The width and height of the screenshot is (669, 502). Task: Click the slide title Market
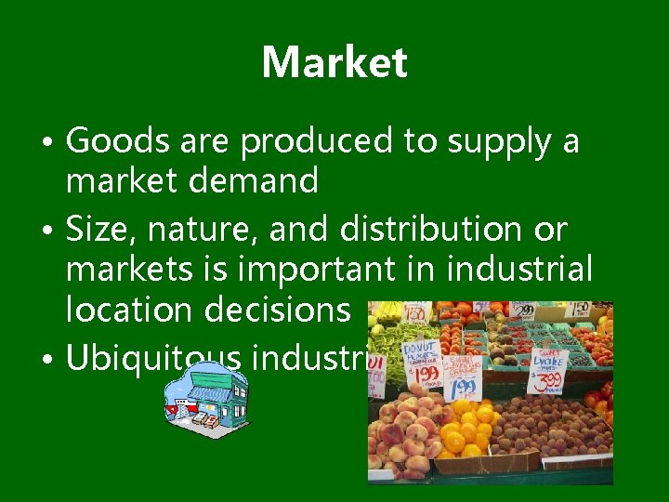(334, 63)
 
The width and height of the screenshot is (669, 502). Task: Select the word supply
(494, 141)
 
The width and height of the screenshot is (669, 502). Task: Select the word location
(131, 310)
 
